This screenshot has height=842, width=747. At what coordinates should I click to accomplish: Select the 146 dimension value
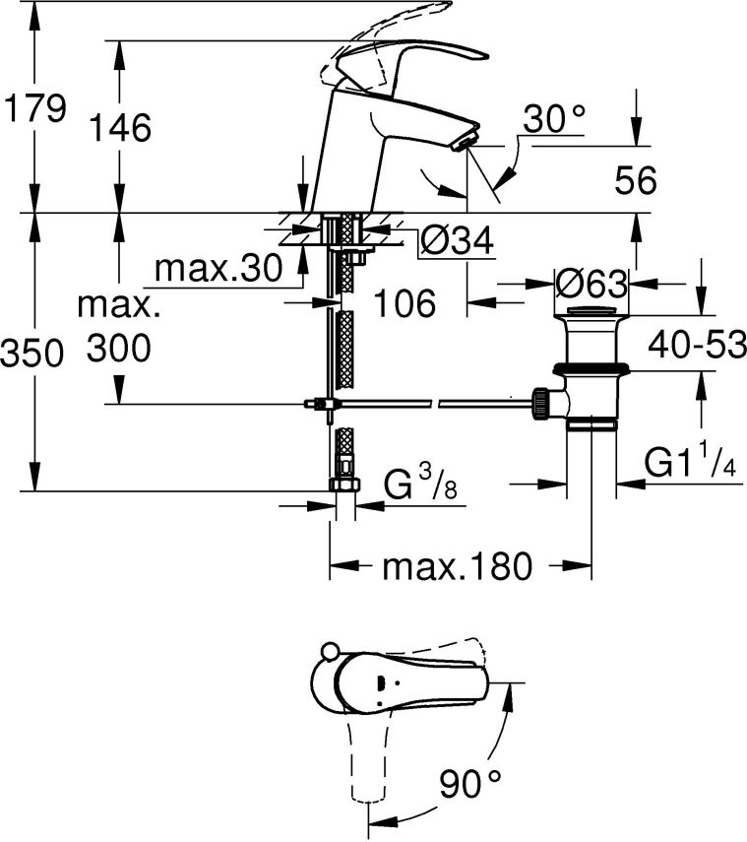point(119,128)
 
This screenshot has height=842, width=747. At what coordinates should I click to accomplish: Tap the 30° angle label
point(554,121)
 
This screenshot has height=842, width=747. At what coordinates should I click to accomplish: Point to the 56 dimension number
point(635,180)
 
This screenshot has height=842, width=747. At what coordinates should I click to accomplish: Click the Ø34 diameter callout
point(456,239)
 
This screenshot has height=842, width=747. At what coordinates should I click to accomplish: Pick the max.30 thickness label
point(218,267)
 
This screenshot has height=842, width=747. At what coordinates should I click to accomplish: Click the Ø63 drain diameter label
point(591,284)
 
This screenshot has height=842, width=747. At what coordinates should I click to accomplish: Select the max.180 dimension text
point(457,566)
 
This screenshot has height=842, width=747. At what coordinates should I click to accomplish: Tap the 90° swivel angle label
point(472,785)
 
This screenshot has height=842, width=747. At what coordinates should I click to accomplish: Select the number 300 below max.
point(119,347)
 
